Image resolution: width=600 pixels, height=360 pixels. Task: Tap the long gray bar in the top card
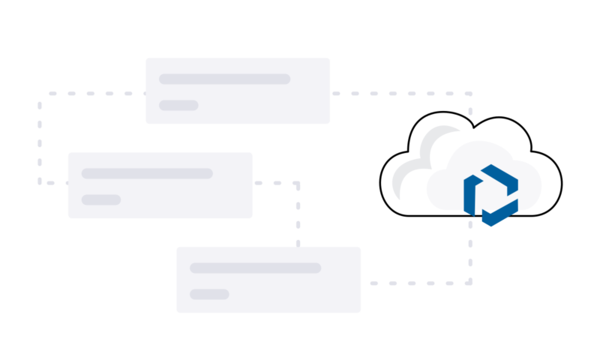tap(224, 79)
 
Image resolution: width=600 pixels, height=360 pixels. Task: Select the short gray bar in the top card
tap(178, 105)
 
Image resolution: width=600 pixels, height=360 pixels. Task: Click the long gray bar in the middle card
tap(147, 173)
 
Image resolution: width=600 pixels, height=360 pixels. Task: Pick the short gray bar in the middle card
tap(101, 199)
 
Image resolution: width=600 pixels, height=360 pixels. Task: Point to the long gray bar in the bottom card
tap(255, 268)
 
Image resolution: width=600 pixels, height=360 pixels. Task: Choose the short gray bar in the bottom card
tap(209, 294)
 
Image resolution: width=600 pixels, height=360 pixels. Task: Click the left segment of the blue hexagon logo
tap(469, 195)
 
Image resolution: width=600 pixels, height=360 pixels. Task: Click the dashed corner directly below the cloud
tap(469, 283)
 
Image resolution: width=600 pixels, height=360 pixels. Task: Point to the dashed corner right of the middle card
tap(298, 182)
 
